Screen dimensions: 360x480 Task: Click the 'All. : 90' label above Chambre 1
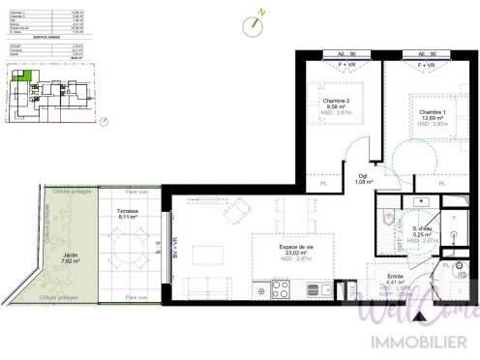[x=427, y=54]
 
